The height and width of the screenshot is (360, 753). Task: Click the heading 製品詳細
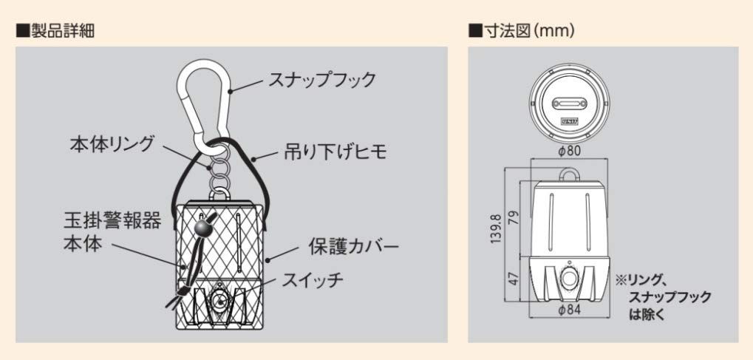(x=55, y=31)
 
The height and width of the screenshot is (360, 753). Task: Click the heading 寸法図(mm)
(x=522, y=31)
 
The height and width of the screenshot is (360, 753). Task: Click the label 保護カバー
(x=353, y=245)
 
